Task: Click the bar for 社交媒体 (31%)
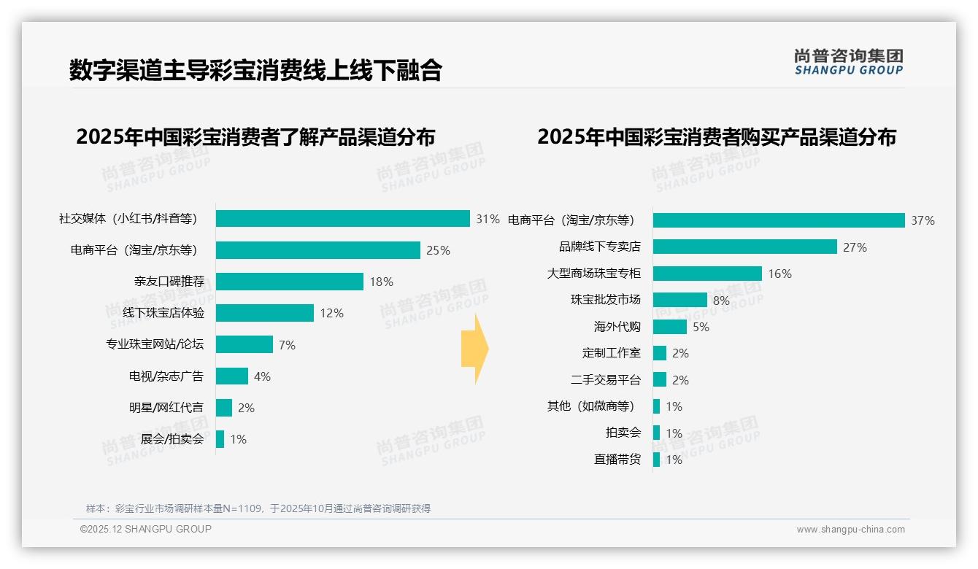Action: pos(343,219)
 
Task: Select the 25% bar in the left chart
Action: pos(318,250)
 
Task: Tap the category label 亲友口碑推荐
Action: pos(169,282)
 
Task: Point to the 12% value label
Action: pos(331,313)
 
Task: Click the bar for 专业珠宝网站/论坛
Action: pos(244,344)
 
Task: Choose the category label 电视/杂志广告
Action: pos(166,376)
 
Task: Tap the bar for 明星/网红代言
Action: pos(224,408)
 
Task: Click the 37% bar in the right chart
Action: pos(779,220)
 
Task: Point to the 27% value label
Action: pos(855,247)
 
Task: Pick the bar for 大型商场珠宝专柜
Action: pos(707,274)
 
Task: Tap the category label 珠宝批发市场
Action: pos(605,300)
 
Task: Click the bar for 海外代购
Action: pos(670,327)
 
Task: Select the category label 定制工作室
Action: pos(611,353)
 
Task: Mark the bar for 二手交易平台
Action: pos(660,380)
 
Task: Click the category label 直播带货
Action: pos(617,460)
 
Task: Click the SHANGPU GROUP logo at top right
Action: pos(848,62)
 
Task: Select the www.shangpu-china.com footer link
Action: pos(850,530)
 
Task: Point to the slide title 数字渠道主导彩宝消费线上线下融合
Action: pos(255,70)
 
